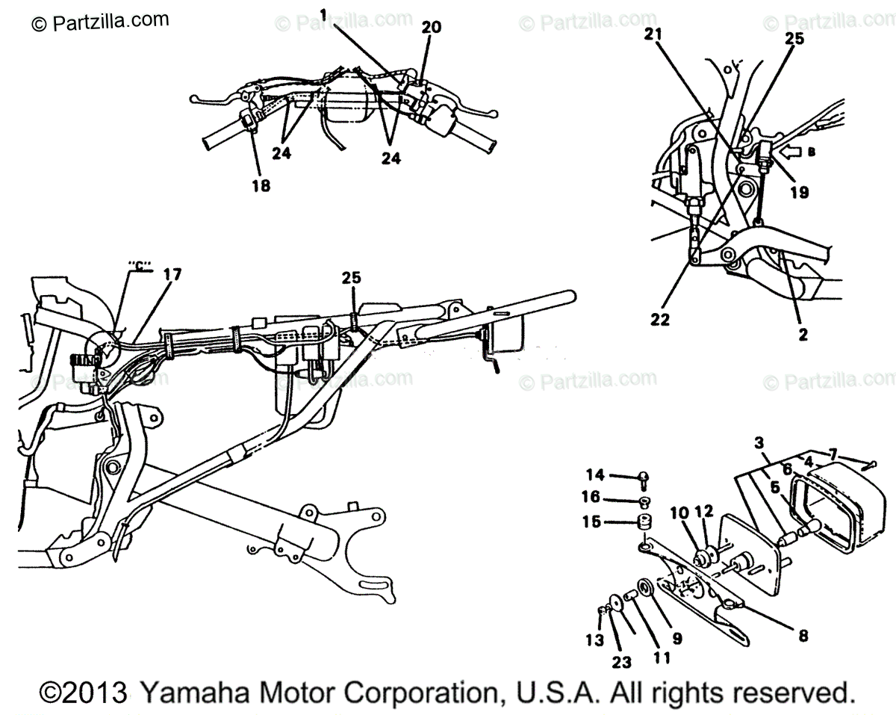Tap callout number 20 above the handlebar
pyautogui.click(x=431, y=28)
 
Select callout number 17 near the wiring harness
pyautogui.click(x=171, y=276)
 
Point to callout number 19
pyautogui.click(x=799, y=193)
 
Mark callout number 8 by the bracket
pyautogui.click(x=803, y=636)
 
